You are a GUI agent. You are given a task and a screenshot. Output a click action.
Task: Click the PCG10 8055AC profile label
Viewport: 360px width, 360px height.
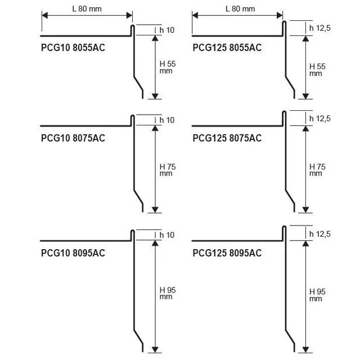[73, 47]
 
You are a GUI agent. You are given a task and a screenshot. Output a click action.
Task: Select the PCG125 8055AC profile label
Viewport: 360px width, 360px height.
[227, 47]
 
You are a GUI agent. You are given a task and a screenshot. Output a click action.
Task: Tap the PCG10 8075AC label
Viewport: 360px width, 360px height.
[73, 138]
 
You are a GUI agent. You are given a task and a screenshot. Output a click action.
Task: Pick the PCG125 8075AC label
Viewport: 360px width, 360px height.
[227, 138]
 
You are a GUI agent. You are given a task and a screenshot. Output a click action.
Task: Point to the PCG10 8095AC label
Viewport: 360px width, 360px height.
[73, 253]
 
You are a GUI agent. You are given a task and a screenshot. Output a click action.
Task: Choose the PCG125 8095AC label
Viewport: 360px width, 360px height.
[227, 253]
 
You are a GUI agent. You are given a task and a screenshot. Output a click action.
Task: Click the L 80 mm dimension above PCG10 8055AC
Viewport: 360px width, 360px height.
[87, 9]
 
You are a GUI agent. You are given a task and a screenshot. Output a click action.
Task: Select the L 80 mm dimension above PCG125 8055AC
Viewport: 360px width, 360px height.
[240, 9]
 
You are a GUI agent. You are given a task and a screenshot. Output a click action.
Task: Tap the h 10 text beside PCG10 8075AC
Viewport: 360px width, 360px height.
[167, 120]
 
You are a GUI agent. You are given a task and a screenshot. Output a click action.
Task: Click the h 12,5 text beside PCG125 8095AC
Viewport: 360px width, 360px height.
[320, 234]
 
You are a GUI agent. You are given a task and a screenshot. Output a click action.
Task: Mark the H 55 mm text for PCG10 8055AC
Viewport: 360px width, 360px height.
[168, 67]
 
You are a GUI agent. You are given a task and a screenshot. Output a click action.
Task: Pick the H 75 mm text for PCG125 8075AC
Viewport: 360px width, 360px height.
[317, 170]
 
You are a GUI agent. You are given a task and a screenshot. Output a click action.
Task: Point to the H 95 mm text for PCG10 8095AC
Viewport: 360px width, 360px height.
[168, 293]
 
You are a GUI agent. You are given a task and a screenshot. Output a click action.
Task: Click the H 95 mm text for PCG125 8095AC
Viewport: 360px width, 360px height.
[317, 295]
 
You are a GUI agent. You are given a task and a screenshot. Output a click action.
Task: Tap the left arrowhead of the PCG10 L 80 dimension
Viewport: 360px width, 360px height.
[45, 15]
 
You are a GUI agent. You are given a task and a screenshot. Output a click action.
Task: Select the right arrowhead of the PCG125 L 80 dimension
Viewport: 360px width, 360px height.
[280, 15]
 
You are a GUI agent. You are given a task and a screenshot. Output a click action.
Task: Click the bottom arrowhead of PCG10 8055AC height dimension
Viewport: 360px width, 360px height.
[155, 96]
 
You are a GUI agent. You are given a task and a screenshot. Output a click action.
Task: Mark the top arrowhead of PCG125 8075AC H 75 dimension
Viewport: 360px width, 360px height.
[305, 129]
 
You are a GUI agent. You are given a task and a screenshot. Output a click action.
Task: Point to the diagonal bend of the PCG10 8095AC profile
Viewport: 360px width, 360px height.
[138, 337]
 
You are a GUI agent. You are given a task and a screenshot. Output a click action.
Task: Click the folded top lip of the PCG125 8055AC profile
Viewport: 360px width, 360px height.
[284, 28]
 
